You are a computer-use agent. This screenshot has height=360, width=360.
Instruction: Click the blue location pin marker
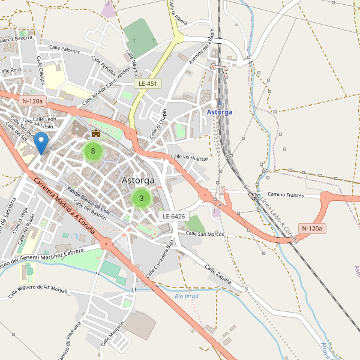tap(41, 143)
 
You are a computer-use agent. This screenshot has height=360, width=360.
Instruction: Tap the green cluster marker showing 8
tap(92, 151)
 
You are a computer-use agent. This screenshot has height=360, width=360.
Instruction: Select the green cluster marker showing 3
tap(141, 198)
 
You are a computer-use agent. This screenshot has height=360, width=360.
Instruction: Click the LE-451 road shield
tap(148, 83)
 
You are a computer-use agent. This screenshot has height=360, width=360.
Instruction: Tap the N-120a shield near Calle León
tap(32, 101)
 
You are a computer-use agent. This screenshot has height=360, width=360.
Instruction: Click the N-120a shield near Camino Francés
tap(312, 228)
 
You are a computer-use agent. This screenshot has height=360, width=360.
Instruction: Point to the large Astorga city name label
tap(138, 180)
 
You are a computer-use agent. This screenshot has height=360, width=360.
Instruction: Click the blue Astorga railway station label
tap(219, 112)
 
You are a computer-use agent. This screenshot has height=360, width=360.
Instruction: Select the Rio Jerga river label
tap(186, 295)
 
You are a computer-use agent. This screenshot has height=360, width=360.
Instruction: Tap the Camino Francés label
tap(286, 195)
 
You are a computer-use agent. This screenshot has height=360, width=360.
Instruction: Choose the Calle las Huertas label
tap(190, 158)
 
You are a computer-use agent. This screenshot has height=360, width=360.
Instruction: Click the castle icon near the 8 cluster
tap(95, 133)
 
